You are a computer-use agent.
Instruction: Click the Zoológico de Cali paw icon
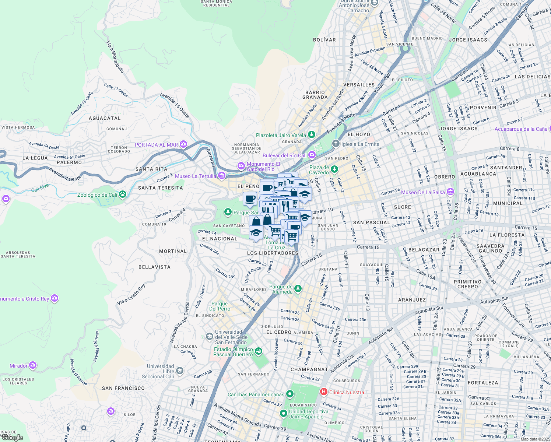pos(123,194)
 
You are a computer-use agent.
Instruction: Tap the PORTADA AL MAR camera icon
pos(183,144)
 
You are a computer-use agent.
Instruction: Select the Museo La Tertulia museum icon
pos(222,176)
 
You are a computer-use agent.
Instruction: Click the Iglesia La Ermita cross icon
pos(336,144)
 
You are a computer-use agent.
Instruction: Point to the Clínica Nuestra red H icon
pos(324,392)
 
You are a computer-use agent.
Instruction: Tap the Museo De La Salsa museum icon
pos(450,192)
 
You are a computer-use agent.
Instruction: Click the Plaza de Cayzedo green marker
pos(334,169)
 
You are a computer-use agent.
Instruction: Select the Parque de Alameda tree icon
pos(298,289)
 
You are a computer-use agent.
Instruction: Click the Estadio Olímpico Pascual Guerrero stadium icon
pos(259,351)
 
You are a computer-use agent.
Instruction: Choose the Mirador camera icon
pos(33,365)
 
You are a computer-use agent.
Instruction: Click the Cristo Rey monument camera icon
pos(55,298)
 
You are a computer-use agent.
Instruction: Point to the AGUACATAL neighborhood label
pos(105,118)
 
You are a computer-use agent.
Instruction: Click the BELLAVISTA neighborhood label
pos(154,267)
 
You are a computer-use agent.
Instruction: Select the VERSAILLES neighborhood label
pos(359,85)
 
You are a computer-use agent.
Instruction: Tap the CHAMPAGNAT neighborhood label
pos(309,369)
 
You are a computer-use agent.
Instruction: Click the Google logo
pos(12,438)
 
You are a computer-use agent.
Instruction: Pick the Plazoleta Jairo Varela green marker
pos(312,135)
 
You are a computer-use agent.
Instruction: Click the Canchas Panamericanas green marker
pos(290,394)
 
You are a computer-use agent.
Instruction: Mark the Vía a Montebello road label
pos(115,57)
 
